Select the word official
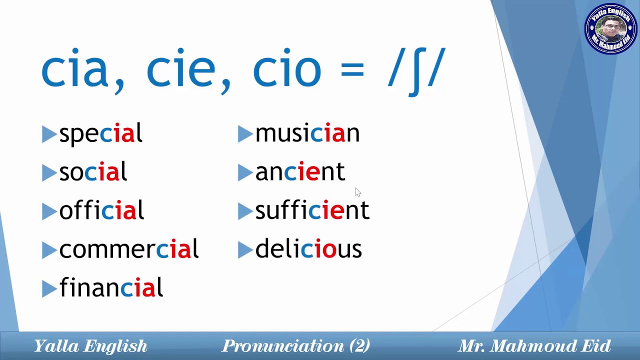[x=101, y=210]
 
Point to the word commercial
[x=128, y=249]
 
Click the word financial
[x=111, y=287]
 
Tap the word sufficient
[x=312, y=210]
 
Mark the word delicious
[x=308, y=249]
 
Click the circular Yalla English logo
[x=610, y=29]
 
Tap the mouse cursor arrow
[x=357, y=192]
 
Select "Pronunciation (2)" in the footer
[x=296, y=346]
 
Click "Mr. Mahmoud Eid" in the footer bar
[x=534, y=346]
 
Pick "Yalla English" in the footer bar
[x=90, y=346]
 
